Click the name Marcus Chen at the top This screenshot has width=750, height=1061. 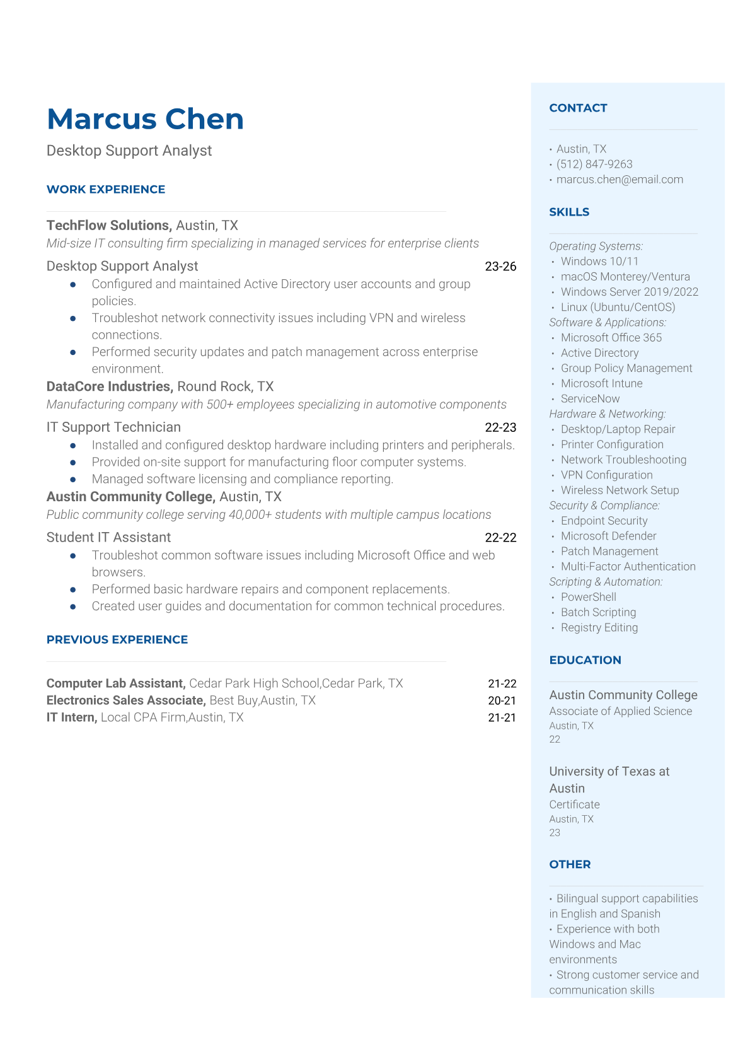145,119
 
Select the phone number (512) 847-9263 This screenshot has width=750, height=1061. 594,165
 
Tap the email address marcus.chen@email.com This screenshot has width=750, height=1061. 620,180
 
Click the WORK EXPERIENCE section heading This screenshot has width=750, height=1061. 106,190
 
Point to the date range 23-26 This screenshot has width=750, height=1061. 500,267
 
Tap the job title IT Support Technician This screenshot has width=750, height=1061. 113,427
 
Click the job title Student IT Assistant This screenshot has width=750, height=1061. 108,538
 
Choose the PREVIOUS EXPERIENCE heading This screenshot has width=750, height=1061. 117,640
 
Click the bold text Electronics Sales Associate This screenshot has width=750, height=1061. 126,700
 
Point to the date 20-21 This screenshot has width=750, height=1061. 502,700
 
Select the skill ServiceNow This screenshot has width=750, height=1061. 590,399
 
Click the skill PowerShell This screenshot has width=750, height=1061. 588,597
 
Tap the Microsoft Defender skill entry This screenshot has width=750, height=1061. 608,536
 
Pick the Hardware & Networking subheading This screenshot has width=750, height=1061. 607,414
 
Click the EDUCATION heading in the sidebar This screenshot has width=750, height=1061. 585,660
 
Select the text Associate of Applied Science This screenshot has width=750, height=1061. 620,711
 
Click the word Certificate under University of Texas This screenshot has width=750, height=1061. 574,804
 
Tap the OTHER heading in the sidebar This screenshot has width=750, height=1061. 570,864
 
